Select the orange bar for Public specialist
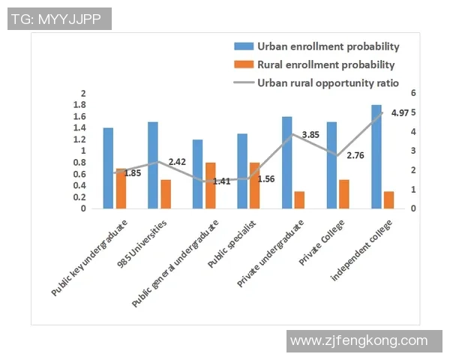point(255,185)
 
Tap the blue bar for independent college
point(376,157)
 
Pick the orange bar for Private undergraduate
point(299,200)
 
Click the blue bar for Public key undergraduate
point(109,168)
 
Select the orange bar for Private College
point(344,194)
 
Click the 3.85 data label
point(310,135)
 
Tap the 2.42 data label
point(177,162)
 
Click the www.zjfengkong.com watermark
point(358,341)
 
